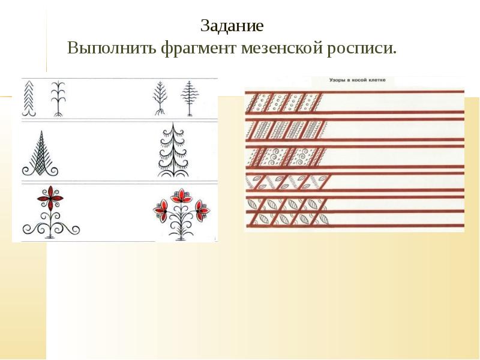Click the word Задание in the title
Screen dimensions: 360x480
click(x=232, y=27)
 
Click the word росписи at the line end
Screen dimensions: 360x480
click(x=364, y=48)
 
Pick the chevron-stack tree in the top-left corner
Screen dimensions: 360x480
click(x=29, y=99)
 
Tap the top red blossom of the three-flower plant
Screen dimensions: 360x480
click(x=180, y=197)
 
